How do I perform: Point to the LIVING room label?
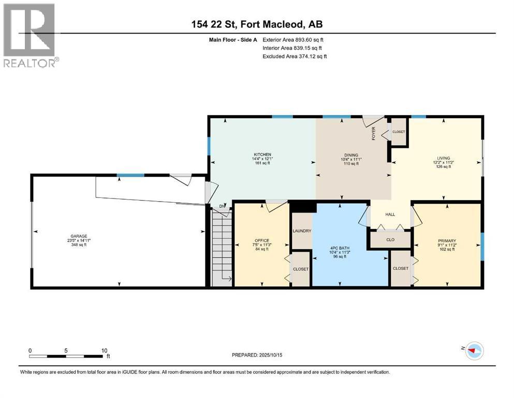click(x=443, y=158)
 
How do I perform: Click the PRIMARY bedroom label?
click(x=446, y=241)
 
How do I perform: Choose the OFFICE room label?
click(x=261, y=240)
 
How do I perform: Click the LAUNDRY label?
click(x=302, y=231)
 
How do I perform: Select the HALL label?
click(x=390, y=214)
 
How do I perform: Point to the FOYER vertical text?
click(x=373, y=134)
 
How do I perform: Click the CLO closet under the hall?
click(x=390, y=240)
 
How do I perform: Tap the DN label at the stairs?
click(x=223, y=206)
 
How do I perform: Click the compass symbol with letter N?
click(x=471, y=351)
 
